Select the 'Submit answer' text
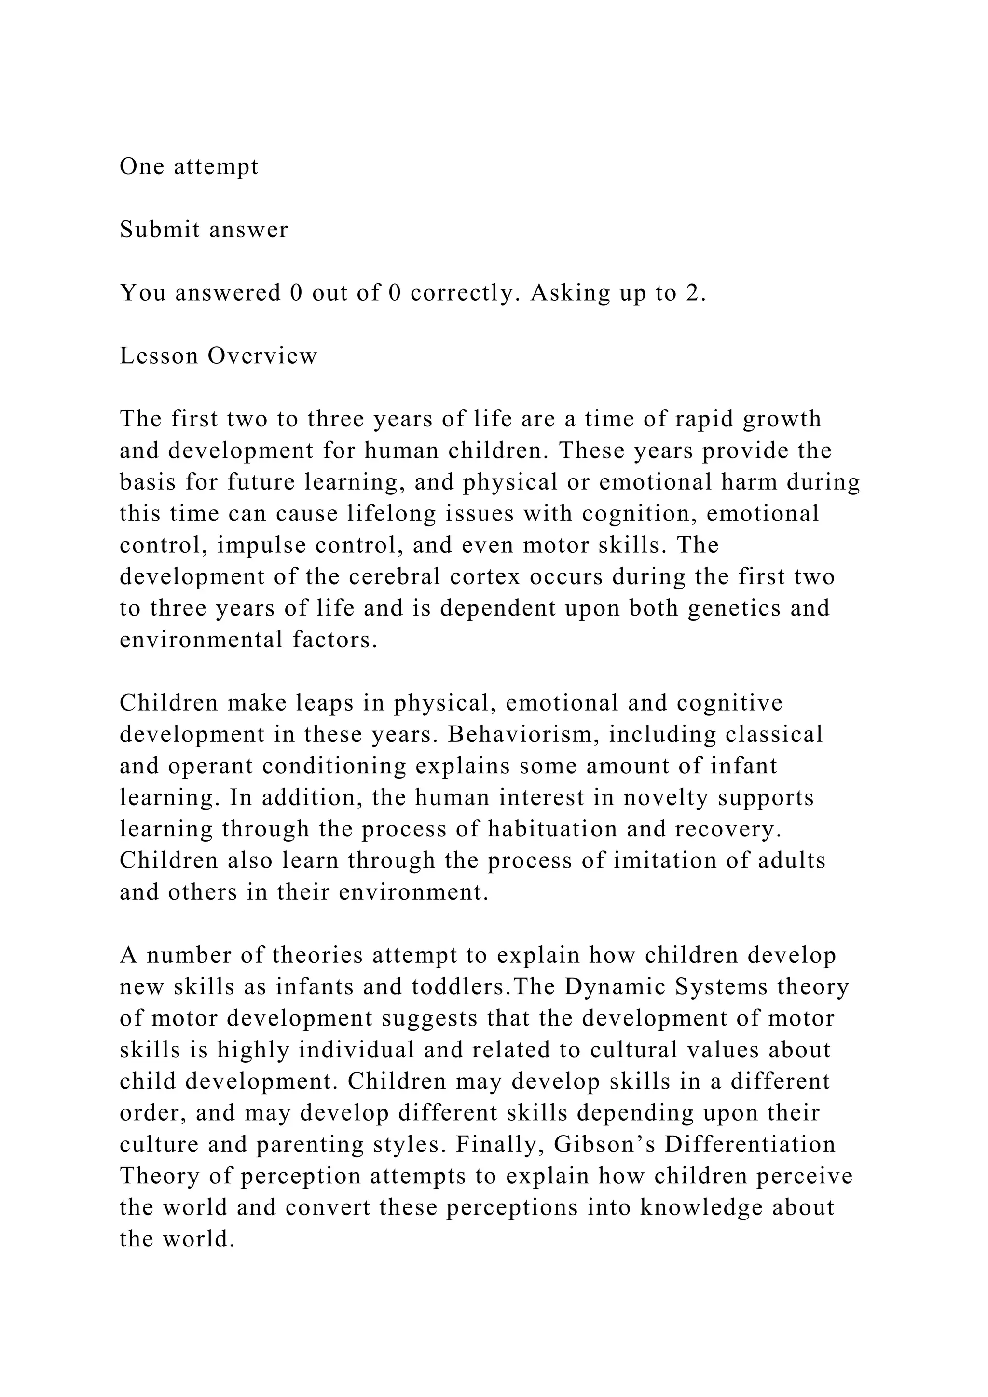pyautogui.click(x=204, y=230)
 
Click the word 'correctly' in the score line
pyautogui.click(x=462, y=293)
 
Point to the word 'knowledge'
pyautogui.click(x=701, y=1208)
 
